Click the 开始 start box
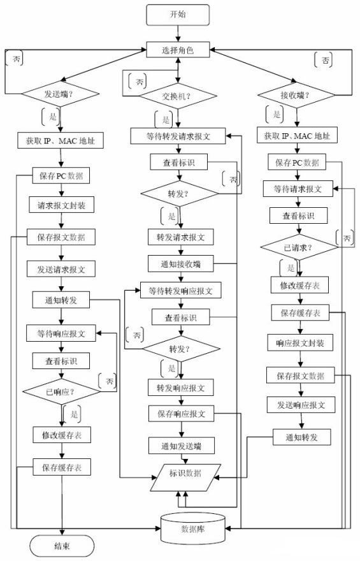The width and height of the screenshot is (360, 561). [178, 15]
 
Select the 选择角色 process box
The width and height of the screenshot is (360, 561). [178, 50]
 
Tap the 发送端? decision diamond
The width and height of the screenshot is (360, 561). [61, 94]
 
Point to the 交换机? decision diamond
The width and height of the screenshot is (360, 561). [178, 96]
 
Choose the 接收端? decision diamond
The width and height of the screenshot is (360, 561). [297, 95]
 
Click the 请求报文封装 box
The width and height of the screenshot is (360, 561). [62, 205]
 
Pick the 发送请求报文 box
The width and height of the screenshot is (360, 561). [61, 269]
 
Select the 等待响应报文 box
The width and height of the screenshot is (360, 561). [61, 333]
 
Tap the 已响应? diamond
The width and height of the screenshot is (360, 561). [62, 392]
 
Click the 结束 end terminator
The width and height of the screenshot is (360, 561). [62, 546]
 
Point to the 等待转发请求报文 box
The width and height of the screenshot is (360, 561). [178, 136]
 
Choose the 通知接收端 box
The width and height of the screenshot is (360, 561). [180, 264]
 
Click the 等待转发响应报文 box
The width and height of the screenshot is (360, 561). [180, 291]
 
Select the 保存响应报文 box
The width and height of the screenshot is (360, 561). [182, 414]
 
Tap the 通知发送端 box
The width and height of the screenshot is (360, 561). [181, 446]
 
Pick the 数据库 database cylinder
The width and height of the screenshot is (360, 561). [193, 528]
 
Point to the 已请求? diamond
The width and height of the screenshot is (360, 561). [299, 247]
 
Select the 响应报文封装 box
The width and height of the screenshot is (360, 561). [300, 343]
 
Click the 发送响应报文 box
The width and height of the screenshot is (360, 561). [301, 405]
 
